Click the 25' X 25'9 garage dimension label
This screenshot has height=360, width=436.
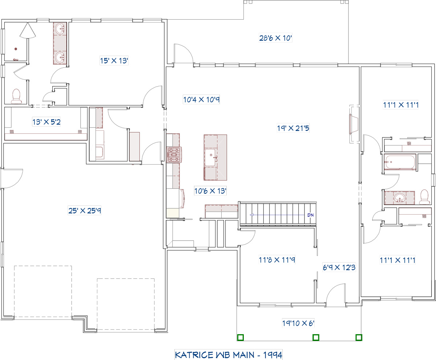85,210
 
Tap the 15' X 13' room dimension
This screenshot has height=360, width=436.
114,61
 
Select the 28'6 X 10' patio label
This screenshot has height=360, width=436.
275,38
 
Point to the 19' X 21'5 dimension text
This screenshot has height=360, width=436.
293,128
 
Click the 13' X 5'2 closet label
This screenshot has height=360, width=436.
47,122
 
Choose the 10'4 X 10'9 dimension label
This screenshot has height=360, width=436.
201,100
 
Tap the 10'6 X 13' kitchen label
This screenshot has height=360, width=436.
210,191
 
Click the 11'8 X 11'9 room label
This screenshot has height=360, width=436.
277,260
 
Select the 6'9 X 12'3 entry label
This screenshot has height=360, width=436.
339,267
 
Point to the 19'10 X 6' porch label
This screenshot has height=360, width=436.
298,323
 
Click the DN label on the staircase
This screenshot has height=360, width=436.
310,215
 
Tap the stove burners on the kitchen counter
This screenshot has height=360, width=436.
174,155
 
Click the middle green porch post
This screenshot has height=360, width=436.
316,337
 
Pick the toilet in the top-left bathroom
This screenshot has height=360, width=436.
16,96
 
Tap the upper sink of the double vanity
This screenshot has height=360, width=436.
60,29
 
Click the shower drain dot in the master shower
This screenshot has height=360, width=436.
16,49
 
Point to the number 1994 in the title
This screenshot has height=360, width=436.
272,355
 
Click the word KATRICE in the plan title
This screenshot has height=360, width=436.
194,355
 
